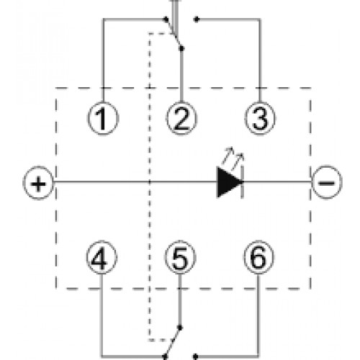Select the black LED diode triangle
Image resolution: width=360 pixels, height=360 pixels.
point(229,182)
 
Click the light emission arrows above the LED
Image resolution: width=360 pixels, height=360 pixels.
point(233,158)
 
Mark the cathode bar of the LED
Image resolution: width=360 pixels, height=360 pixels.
point(242,182)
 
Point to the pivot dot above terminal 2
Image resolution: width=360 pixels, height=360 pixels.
point(181,48)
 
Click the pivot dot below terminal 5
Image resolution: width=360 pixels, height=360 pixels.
point(180,328)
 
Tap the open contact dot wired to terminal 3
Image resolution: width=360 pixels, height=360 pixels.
point(197,19)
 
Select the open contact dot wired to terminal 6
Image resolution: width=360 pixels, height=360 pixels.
point(195,356)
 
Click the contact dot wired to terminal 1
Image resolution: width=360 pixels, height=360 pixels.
point(166,19)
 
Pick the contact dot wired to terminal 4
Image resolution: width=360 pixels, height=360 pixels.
point(165,356)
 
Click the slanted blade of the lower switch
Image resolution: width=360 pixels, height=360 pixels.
point(172,342)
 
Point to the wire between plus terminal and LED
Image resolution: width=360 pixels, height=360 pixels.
point(135,182)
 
